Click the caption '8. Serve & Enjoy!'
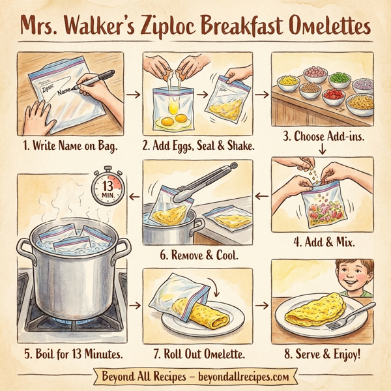pos(323,356)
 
